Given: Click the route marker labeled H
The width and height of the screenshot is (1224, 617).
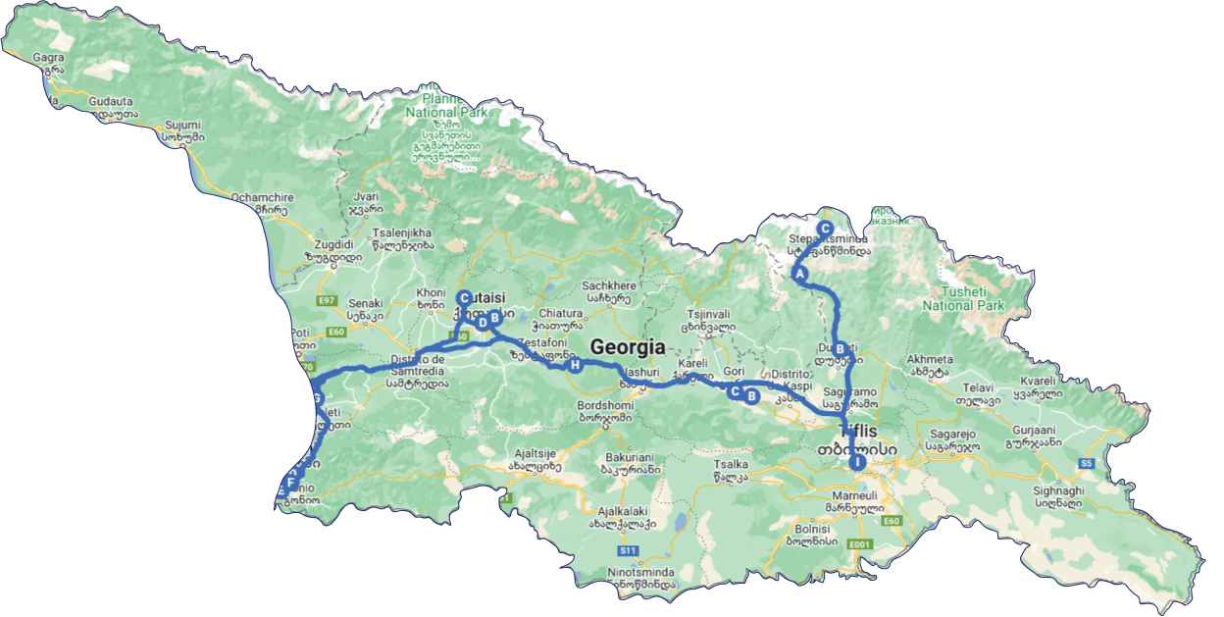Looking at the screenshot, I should pos(575,366).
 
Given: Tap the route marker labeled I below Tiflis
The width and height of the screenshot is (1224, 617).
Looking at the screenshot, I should pos(857,462).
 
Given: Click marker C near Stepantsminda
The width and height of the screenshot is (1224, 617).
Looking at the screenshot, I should pos(825,228).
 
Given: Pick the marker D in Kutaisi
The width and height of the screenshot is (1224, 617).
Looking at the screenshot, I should pos(482,322).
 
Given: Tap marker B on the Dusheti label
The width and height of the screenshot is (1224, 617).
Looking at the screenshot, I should pos(840,348).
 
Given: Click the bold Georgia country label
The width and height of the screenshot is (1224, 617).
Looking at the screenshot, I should pos(627,347).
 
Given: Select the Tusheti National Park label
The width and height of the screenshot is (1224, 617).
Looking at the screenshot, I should pos(963,298).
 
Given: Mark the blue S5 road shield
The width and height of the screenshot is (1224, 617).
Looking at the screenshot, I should pos(1086,463).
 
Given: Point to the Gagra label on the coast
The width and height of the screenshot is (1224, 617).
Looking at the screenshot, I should pos(49,58).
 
